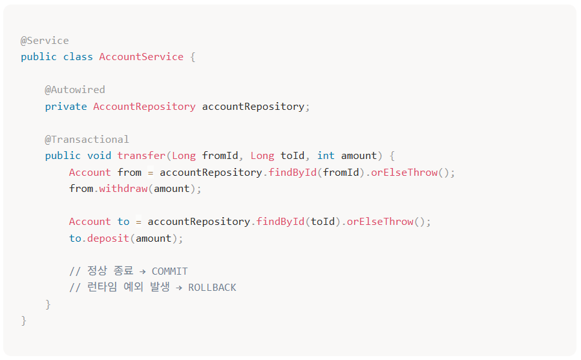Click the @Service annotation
[45, 40]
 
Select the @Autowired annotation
[75, 90]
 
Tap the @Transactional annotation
[87, 140]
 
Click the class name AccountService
[141, 57]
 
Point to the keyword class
[78, 57]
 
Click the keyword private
[66, 107]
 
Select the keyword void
[99, 156]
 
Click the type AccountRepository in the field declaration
[144, 107]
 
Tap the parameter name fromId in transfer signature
[220, 156]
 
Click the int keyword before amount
[326, 156]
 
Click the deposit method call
[108, 238]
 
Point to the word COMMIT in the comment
[170, 271]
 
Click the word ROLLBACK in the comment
[212, 288]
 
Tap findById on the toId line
[280, 222]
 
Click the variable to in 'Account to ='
[123, 222]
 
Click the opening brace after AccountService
[193, 57]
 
